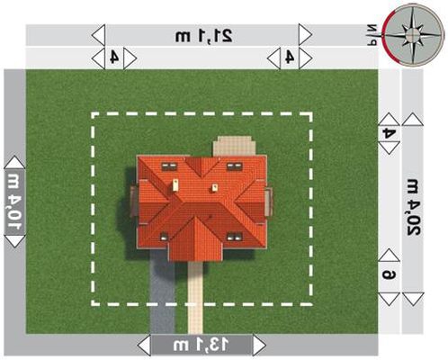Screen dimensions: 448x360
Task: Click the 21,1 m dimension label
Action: point(203,36)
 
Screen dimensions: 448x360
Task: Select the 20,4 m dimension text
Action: point(414,207)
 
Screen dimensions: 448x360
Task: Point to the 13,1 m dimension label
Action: point(202,345)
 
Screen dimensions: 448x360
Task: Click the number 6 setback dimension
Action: point(389,274)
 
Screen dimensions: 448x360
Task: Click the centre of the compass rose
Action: point(413,36)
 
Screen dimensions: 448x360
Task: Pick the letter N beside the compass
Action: point(372,29)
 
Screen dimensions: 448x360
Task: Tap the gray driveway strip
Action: point(162,291)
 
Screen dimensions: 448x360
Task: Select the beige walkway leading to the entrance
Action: point(195,297)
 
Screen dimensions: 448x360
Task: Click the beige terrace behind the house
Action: point(234,146)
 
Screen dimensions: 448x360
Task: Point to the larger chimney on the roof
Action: point(175,184)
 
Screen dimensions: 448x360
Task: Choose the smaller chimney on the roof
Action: point(215,188)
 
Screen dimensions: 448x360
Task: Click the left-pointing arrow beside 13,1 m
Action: point(144,346)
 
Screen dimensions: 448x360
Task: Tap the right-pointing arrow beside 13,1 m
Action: point(259,346)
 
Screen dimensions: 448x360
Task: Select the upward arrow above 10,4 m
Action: point(14,162)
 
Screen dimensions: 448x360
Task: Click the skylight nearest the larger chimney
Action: point(170,166)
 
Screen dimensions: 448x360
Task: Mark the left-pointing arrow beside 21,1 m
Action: point(98,35)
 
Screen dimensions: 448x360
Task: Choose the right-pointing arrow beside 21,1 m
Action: point(305,35)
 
